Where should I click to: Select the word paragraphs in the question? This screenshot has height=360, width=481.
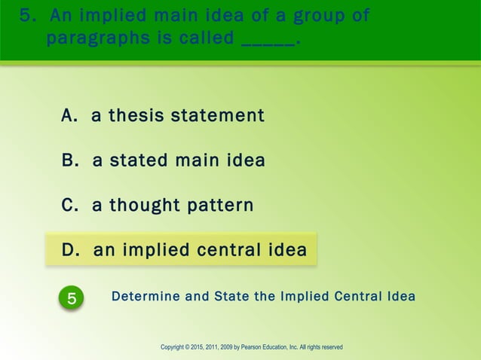pyautogui.click(x=97, y=39)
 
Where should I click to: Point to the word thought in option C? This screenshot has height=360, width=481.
pyautogui.click(x=139, y=206)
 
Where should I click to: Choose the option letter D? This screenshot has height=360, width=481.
pyautogui.click(x=70, y=250)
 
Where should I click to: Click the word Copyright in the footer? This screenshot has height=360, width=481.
pyautogui.click(x=177, y=347)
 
